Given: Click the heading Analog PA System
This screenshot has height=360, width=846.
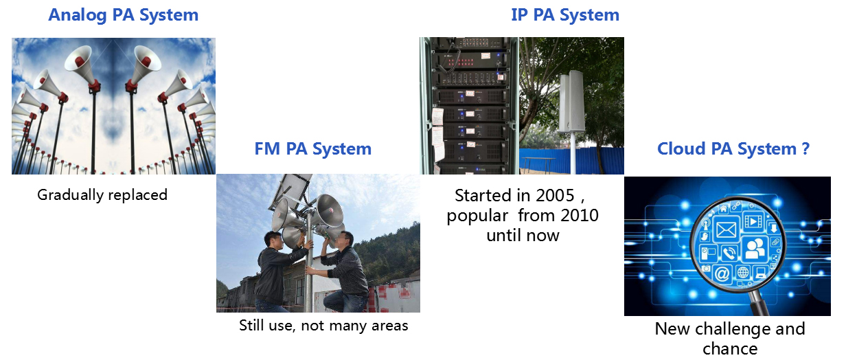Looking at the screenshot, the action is tap(123, 15).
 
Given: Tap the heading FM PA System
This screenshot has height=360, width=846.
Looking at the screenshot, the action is tap(312, 149).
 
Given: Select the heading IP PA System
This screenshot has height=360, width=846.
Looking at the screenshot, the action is tap(565, 15).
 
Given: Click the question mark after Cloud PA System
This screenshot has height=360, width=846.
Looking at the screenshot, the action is tap(805, 148).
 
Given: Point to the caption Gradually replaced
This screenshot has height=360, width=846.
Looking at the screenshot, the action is tap(102, 195).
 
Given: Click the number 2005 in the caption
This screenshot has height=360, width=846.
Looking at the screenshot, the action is tap(555, 195).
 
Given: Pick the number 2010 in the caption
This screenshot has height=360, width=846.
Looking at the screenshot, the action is tap(580, 215).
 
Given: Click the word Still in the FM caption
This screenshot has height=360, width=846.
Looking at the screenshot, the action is tap(252, 325).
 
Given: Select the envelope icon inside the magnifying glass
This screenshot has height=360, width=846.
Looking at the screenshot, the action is tap(726, 229).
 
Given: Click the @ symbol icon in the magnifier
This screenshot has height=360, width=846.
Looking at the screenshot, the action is tap(721, 273).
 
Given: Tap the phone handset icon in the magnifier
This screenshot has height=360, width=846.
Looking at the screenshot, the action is tap(729, 253).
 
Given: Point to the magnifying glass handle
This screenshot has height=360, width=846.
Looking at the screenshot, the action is tap(758, 302).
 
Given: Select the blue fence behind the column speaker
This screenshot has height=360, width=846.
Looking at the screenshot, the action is tap(571, 161).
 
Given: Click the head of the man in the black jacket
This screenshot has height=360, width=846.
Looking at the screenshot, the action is tap(273, 240).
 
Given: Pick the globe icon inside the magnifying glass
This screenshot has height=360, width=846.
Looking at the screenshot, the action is tap(743, 272).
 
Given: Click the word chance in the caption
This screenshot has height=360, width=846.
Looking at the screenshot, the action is tap(730, 349).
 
